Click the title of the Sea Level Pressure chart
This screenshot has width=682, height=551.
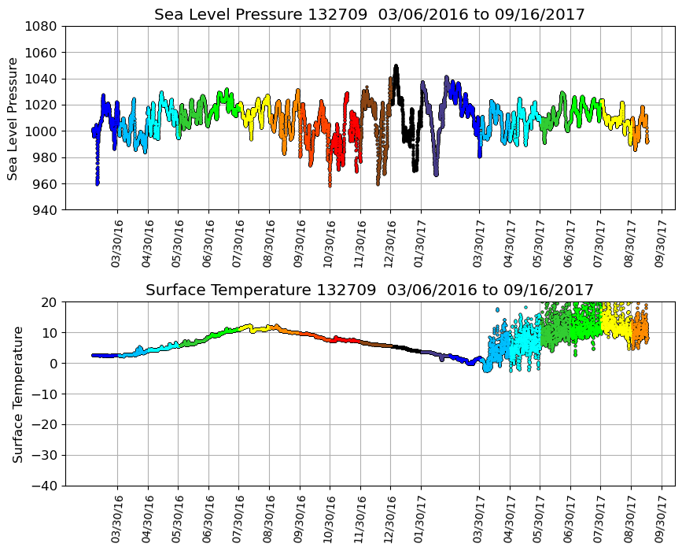pos(369,15)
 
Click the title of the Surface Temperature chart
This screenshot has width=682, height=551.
pos(369,290)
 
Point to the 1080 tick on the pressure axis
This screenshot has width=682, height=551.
pos(43,26)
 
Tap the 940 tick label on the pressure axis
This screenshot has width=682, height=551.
pos(43,210)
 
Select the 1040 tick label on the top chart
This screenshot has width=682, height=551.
pos(43,79)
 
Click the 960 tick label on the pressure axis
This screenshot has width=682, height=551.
pos(43,184)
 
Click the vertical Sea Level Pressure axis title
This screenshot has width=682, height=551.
pos(13,118)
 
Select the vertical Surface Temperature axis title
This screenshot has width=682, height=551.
pos(17,394)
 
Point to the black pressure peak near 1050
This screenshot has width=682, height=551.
pos(396,66)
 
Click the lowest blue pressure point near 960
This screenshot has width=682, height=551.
pos(98,183)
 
